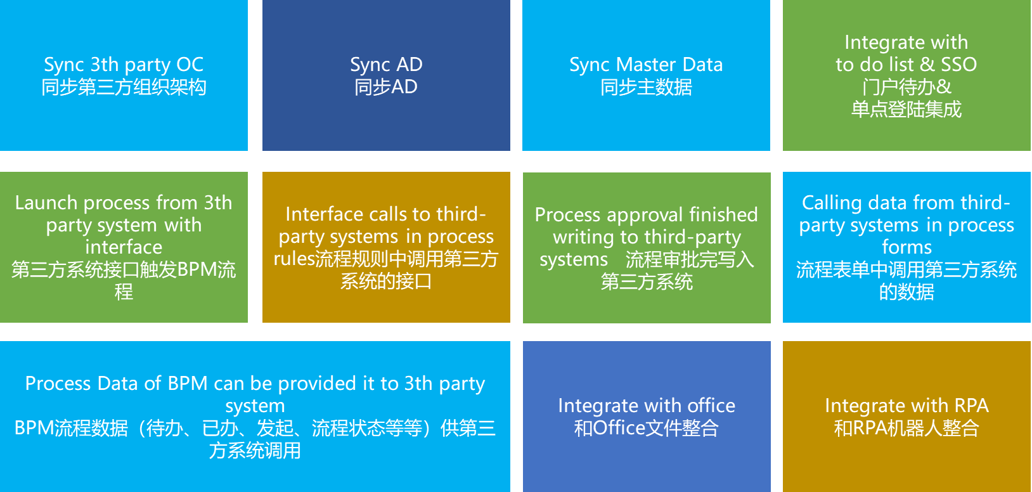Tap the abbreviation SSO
click(x=958, y=65)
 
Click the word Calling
click(x=832, y=203)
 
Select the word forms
click(x=906, y=247)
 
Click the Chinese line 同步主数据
click(x=646, y=87)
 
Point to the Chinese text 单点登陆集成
click(x=906, y=109)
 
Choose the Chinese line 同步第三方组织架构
click(x=124, y=87)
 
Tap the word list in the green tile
click(x=901, y=65)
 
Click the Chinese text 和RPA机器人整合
click(x=906, y=428)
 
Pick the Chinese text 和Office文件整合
click(x=646, y=428)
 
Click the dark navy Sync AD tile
click(x=386, y=75)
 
